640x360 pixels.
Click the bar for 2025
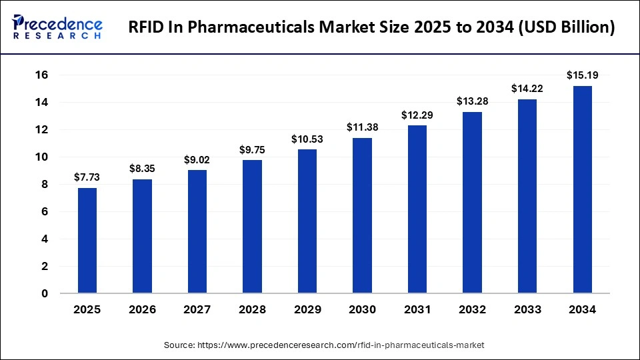coord(87,241)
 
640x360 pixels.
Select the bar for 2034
coord(582,189)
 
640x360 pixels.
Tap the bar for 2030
coord(362,215)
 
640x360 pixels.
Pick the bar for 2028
coord(252,227)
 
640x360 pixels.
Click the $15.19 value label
coord(582,75)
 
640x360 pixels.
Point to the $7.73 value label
coord(87,177)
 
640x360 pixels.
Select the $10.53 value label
coord(307,139)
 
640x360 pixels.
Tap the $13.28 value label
coord(472,101)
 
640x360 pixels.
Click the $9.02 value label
coord(197,159)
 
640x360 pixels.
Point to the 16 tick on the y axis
coord(41,75)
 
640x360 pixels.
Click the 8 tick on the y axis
coord(45,185)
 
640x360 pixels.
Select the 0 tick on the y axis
coord(45,293)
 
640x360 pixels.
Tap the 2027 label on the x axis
coord(197,310)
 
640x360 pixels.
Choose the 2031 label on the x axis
coord(417,310)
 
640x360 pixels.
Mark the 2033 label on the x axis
coord(527,310)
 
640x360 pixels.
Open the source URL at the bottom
coord(324,345)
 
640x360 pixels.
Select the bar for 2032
coord(472,203)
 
